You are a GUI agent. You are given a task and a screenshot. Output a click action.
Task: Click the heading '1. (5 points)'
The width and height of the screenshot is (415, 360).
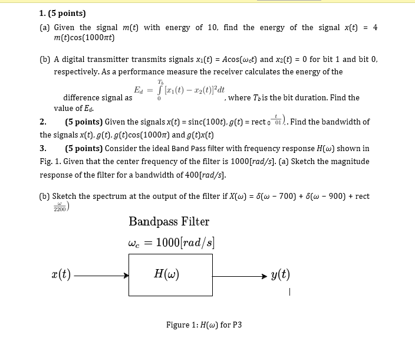click(62, 13)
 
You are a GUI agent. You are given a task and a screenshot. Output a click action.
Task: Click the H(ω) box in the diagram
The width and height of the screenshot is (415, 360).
click(170, 274)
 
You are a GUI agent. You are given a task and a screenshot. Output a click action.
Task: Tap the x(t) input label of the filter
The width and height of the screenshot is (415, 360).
click(61, 274)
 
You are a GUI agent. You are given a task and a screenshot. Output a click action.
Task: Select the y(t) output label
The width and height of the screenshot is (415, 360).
click(280, 274)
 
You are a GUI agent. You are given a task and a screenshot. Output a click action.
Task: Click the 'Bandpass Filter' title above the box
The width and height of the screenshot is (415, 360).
click(169, 222)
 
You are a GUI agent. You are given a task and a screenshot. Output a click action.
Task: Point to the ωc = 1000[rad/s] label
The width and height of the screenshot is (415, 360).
click(171, 242)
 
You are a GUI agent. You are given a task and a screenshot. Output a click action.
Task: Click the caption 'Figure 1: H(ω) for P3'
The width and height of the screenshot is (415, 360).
click(204, 325)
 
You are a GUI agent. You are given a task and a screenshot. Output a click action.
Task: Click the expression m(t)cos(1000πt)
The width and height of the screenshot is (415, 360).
click(84, 38)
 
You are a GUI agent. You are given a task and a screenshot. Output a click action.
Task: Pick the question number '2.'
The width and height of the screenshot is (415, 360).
click(43, 122)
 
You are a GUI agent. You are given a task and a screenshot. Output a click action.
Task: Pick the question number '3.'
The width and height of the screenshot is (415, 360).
click(43, 148)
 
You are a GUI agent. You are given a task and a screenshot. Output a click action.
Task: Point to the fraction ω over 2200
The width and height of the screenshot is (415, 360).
click(60, 207)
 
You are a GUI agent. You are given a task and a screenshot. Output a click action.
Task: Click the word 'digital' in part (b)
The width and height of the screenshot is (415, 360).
click(83, 60)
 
